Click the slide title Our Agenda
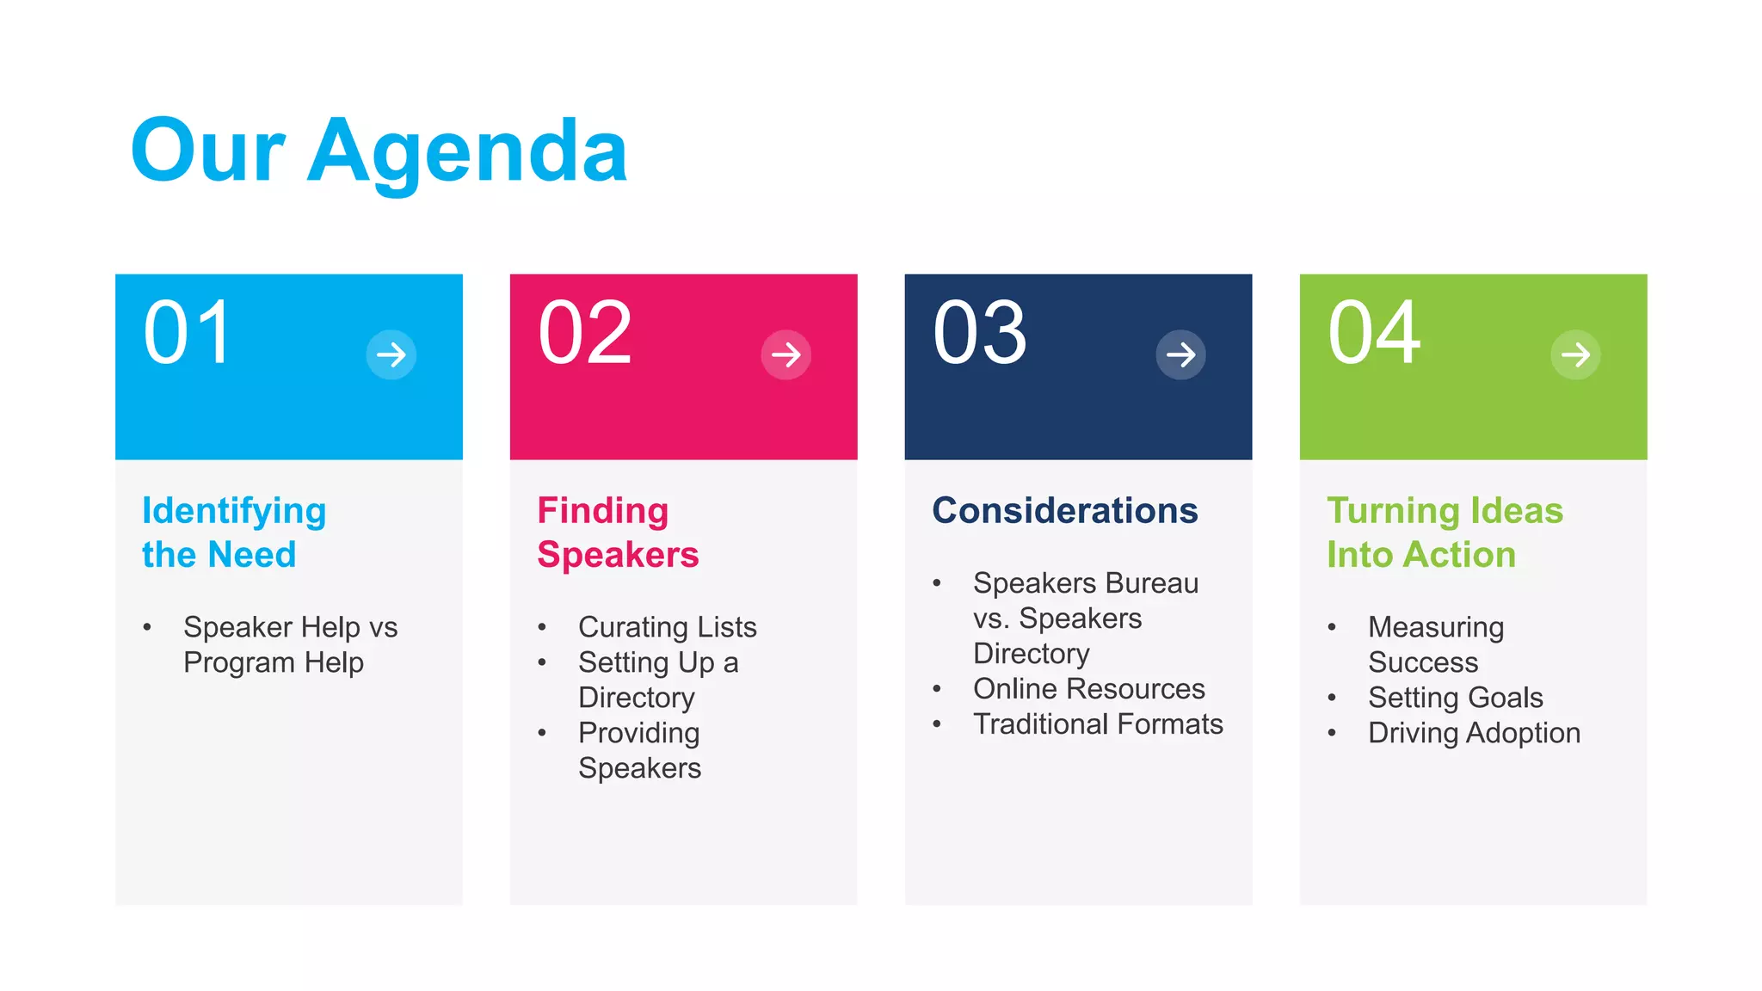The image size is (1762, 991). (x=379, y=152)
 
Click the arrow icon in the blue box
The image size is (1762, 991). (x=391, y=354)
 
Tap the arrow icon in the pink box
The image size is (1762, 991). (x=786, y=354)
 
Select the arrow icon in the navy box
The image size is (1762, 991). (x=1180, y=354)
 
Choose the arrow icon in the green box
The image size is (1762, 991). (x=1575, y=354)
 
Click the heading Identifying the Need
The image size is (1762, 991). (x=234, y=532)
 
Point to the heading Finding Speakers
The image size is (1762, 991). (x=618, y=532)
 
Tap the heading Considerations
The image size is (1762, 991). (x=1065, y=511)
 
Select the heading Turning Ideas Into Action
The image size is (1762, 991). (x=1445, y=532)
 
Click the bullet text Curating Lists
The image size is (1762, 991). (x=668, y=627)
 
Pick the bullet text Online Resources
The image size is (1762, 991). (x=1089, y=689)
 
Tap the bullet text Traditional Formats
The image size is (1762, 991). (x=1098, y=724)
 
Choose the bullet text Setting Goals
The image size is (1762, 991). (x=1456, y=698)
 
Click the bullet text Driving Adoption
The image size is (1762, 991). (x=1475, y=733)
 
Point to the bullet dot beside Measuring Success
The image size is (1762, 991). (x=1332, y=627)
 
